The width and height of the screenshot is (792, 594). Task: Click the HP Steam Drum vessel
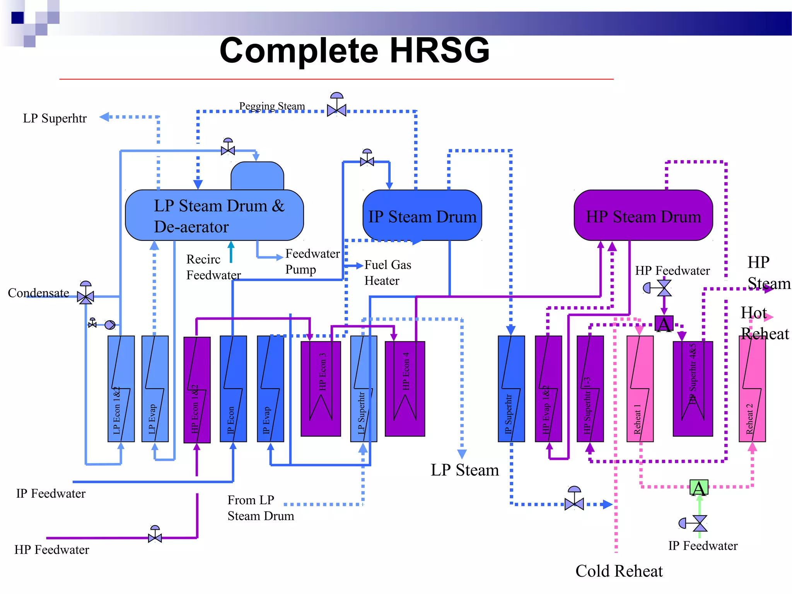click(643, 215)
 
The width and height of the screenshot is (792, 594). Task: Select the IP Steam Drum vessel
click(422, 215)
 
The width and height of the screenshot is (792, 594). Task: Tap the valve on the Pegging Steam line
click(336, 110)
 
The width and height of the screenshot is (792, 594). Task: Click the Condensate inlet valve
click(85, 297)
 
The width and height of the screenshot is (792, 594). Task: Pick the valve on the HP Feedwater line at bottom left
click(155, 537)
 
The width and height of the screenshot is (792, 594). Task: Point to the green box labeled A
click(699, 488)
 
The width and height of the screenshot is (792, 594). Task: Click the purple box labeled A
click(664, 324)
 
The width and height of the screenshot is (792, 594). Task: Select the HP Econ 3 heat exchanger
click(321, 389)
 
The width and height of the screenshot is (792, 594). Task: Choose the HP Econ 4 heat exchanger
click(405, 389)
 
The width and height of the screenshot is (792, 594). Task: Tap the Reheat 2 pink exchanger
click(752, 389)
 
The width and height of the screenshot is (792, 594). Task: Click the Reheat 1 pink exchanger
click(640, 389)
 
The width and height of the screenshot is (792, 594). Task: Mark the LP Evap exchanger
click(155, 389)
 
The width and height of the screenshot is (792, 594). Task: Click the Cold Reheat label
click(619, 571)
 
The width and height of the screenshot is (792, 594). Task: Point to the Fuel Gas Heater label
click(387, 273)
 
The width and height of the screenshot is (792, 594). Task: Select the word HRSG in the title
click(439, 50)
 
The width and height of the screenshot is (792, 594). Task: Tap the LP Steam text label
click(464, 470)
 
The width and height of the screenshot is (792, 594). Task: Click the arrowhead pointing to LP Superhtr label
click(104, 117)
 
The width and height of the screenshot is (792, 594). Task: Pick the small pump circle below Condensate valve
click(110, 325)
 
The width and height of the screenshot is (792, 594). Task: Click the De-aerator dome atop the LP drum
click(257, 176)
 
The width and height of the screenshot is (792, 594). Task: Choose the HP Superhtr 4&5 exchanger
click(692, 389)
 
